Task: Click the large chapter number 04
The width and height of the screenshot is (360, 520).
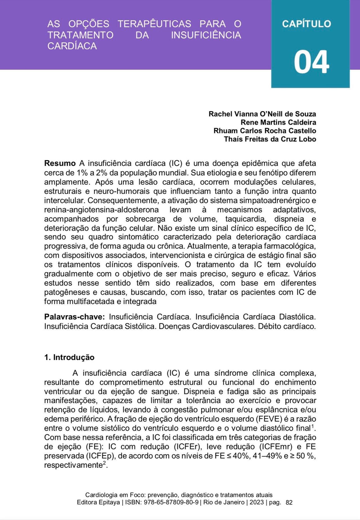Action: pos(311,62)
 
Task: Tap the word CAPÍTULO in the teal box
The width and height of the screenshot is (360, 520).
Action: pos(306,24)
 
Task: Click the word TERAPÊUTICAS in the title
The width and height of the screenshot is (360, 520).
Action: pos(154,24)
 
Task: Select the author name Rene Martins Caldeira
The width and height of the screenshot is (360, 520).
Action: pos(278,122)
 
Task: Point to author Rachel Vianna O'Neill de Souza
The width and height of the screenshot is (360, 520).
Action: pos(262,114)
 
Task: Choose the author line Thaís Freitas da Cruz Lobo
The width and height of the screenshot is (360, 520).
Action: pos(270,139)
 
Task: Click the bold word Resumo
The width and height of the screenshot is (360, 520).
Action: pos(60,163)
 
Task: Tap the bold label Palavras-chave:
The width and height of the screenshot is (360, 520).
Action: pos(75,317)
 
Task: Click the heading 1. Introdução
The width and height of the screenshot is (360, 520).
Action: pos(69,357)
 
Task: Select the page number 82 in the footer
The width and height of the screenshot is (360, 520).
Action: pos(289,503)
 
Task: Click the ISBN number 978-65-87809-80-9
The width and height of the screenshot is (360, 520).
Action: pos(171,503)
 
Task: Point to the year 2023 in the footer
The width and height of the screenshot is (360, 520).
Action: pos(256,503)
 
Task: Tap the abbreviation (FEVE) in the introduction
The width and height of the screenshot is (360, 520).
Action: pos(269,419)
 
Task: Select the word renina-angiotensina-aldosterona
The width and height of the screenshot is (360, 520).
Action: pos(101,210)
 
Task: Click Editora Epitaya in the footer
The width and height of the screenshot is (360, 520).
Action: pos(98,503)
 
